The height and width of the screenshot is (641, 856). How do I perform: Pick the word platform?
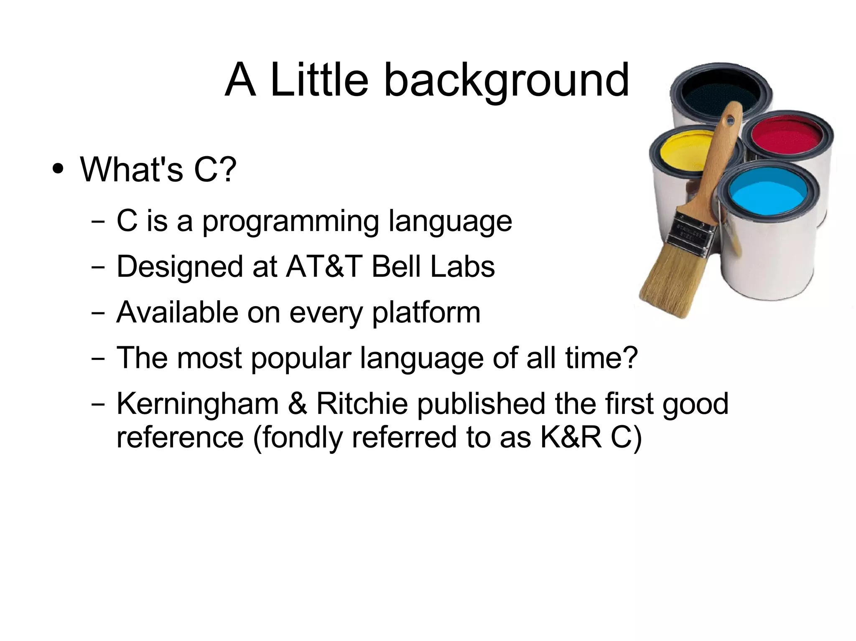point(426,313)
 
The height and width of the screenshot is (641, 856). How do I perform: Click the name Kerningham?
point(197,404)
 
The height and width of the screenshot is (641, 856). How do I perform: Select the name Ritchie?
point(362,404)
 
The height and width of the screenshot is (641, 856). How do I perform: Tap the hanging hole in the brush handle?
point(730,121)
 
